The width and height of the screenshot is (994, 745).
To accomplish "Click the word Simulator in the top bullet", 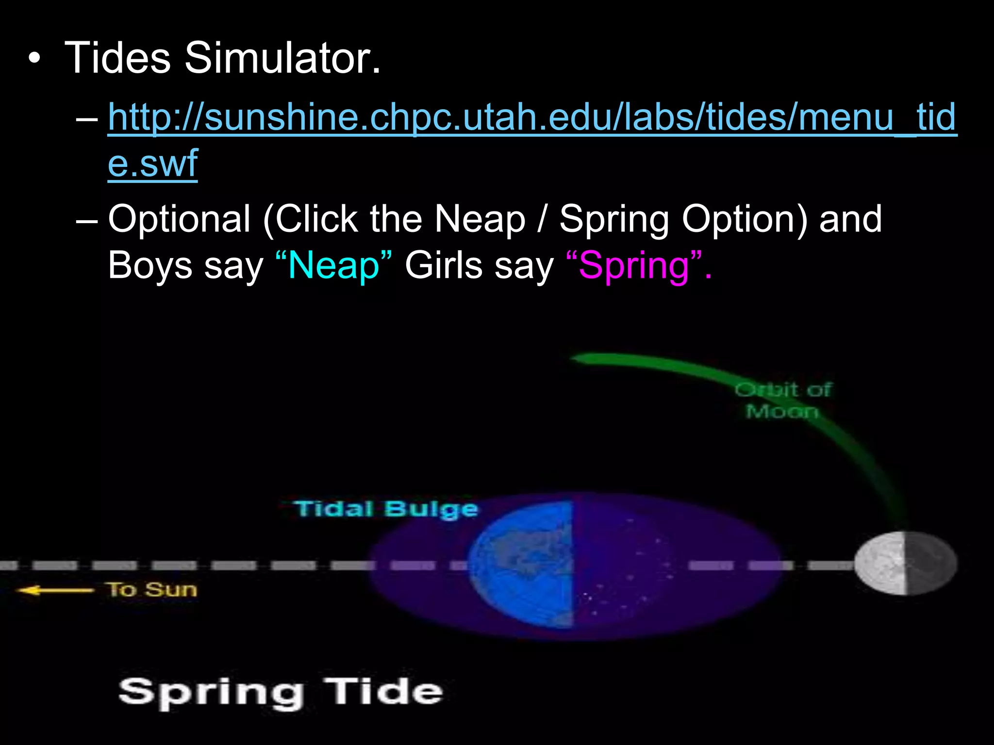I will [x=282, y=58].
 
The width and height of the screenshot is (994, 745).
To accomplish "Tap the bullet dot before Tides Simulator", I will [x=34, y=59].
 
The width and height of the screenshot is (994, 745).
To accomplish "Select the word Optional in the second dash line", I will [x=179, y=219].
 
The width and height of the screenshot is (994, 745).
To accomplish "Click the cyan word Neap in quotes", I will [x=333, y=266].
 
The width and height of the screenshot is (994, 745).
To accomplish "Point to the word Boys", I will [x=150, y=266].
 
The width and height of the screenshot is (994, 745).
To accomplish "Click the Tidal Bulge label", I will [x=386, y=509].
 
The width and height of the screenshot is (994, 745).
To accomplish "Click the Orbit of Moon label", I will [x=782, y=401].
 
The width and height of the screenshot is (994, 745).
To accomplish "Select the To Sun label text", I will [x=152, y=590].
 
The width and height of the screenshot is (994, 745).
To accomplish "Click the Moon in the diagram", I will [x=905, y=563].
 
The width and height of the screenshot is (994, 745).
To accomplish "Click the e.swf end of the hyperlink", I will [x=152, y=164].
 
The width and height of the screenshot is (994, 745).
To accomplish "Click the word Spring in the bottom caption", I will [x=211, y=693].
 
